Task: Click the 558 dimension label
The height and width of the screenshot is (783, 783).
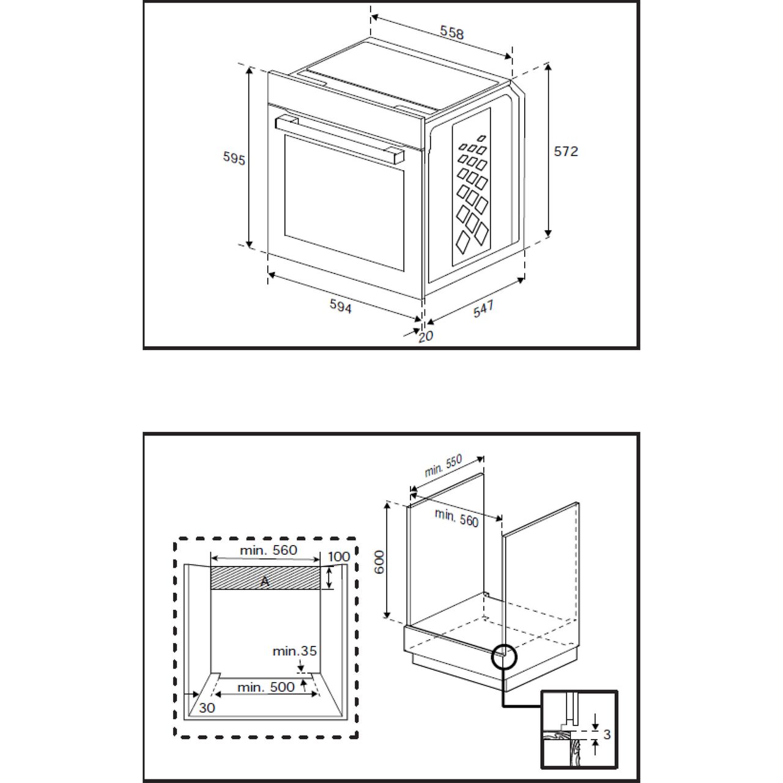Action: pos(451,32)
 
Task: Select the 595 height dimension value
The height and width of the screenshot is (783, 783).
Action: pos(234,158)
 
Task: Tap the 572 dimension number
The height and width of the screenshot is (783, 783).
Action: pos(566,151)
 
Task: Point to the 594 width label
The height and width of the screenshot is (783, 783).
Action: pos(340,306)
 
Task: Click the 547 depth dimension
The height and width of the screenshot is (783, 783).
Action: pos(483,308)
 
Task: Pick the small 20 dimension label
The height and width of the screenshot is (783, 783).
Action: pos(426,336)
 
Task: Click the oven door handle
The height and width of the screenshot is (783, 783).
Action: pos(340,139)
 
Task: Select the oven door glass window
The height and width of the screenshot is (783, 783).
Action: pos(344,202)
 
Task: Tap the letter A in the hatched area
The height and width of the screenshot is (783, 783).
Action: pos(264,582)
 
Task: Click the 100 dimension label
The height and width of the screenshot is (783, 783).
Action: pos(338,556)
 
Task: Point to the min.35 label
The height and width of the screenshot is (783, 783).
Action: pos(294,650)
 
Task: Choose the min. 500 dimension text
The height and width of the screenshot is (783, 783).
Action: pos(265,687)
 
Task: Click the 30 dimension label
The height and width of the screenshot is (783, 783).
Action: pos(207,708)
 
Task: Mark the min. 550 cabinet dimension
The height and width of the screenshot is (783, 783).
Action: pos(443,466)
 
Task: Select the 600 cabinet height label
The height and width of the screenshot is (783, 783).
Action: pos(379,562)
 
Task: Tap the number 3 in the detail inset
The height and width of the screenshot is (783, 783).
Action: pos(607,734)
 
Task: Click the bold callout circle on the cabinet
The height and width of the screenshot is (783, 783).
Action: pos(504,645)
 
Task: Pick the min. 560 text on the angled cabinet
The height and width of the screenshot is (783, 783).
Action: pos(456,518)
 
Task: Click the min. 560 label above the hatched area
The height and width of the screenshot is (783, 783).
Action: pos(269,550)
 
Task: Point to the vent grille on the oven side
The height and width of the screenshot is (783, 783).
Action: pos(472,187)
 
